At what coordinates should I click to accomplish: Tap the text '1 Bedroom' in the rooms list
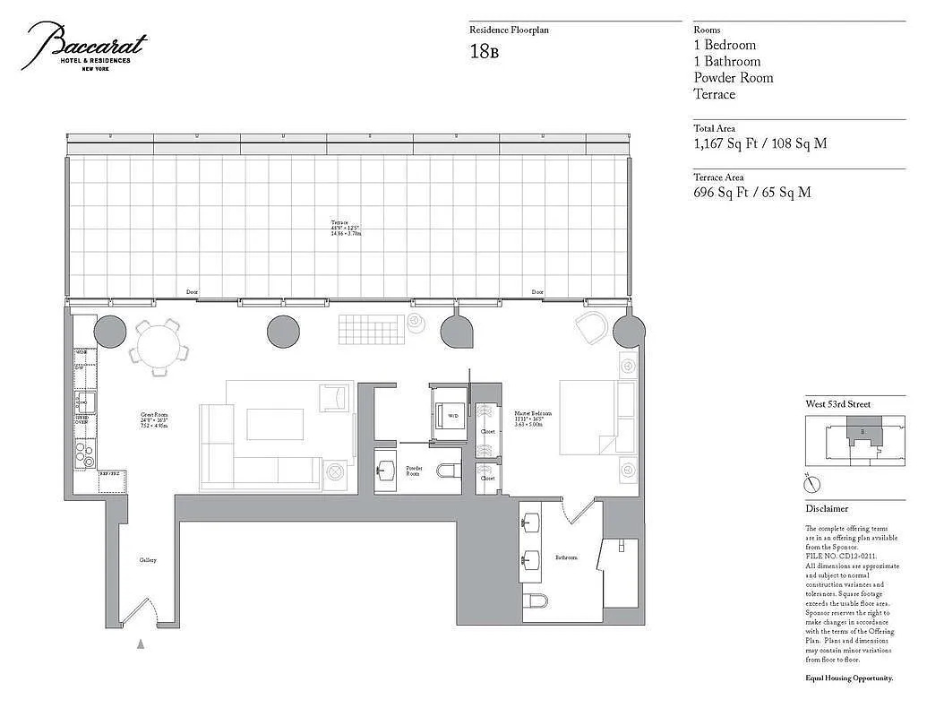click(x=725, y=45)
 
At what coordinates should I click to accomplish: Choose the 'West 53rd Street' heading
click(x=837, y=404)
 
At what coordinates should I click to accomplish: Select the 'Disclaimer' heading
click(x=827, y=508)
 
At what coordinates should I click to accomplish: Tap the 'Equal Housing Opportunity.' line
click(x=849, y=678)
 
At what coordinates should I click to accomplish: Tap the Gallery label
click(x=148, y=560)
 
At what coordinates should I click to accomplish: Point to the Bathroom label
click(x=566, y=557)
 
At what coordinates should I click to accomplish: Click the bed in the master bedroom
click(x=587, y=418)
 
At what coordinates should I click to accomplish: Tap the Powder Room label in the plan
click(x=414, y=470)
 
